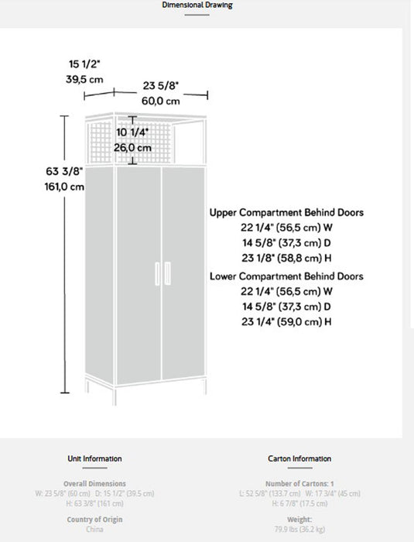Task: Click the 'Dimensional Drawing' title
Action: point(197,5)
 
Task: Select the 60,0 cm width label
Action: point(161,101)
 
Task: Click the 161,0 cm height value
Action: point(65,187)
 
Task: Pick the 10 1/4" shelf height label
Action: point(132,132)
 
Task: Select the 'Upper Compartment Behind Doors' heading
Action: point(286,212)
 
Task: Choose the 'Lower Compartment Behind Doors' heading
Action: point(286,276)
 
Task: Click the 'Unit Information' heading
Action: point(95,459)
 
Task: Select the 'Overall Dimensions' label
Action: point(95,484)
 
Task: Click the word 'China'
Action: point(95,530)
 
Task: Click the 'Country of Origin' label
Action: point(95,520)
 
